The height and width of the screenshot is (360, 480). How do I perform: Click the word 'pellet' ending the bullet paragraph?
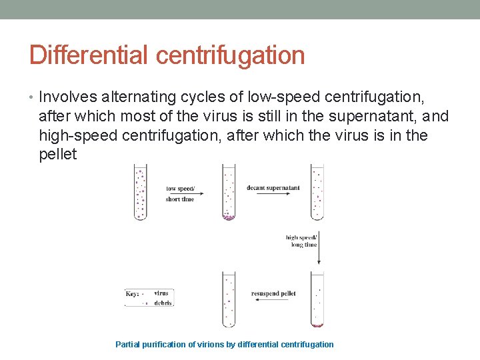click(x=58, y=155)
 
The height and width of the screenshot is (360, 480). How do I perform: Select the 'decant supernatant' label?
click(x=273, y=188)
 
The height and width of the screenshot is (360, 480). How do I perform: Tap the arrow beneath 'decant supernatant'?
click(x=273, y=194)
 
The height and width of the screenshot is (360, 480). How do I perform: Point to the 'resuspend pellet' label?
click(x=273, y=293)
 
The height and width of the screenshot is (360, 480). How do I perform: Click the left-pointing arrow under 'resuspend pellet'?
click(x=272, y=300)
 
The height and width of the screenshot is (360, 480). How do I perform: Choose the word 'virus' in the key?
click(x=161, y=293)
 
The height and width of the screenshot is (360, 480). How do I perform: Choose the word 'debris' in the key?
click(x=163, y=303)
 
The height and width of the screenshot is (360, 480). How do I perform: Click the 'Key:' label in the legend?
click(x=133, y=293)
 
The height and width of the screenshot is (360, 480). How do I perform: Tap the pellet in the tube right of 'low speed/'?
click(x=229, y=217)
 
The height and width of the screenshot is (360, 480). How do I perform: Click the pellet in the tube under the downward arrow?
click(x=317, y=325)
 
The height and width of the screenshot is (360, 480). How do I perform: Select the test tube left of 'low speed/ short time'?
click(x=140, y=192)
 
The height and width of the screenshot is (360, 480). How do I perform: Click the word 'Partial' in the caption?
click(x=129, y=345)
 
